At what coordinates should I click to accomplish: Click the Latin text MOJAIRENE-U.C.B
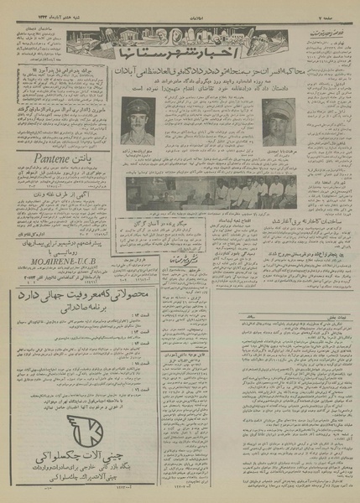51,250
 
